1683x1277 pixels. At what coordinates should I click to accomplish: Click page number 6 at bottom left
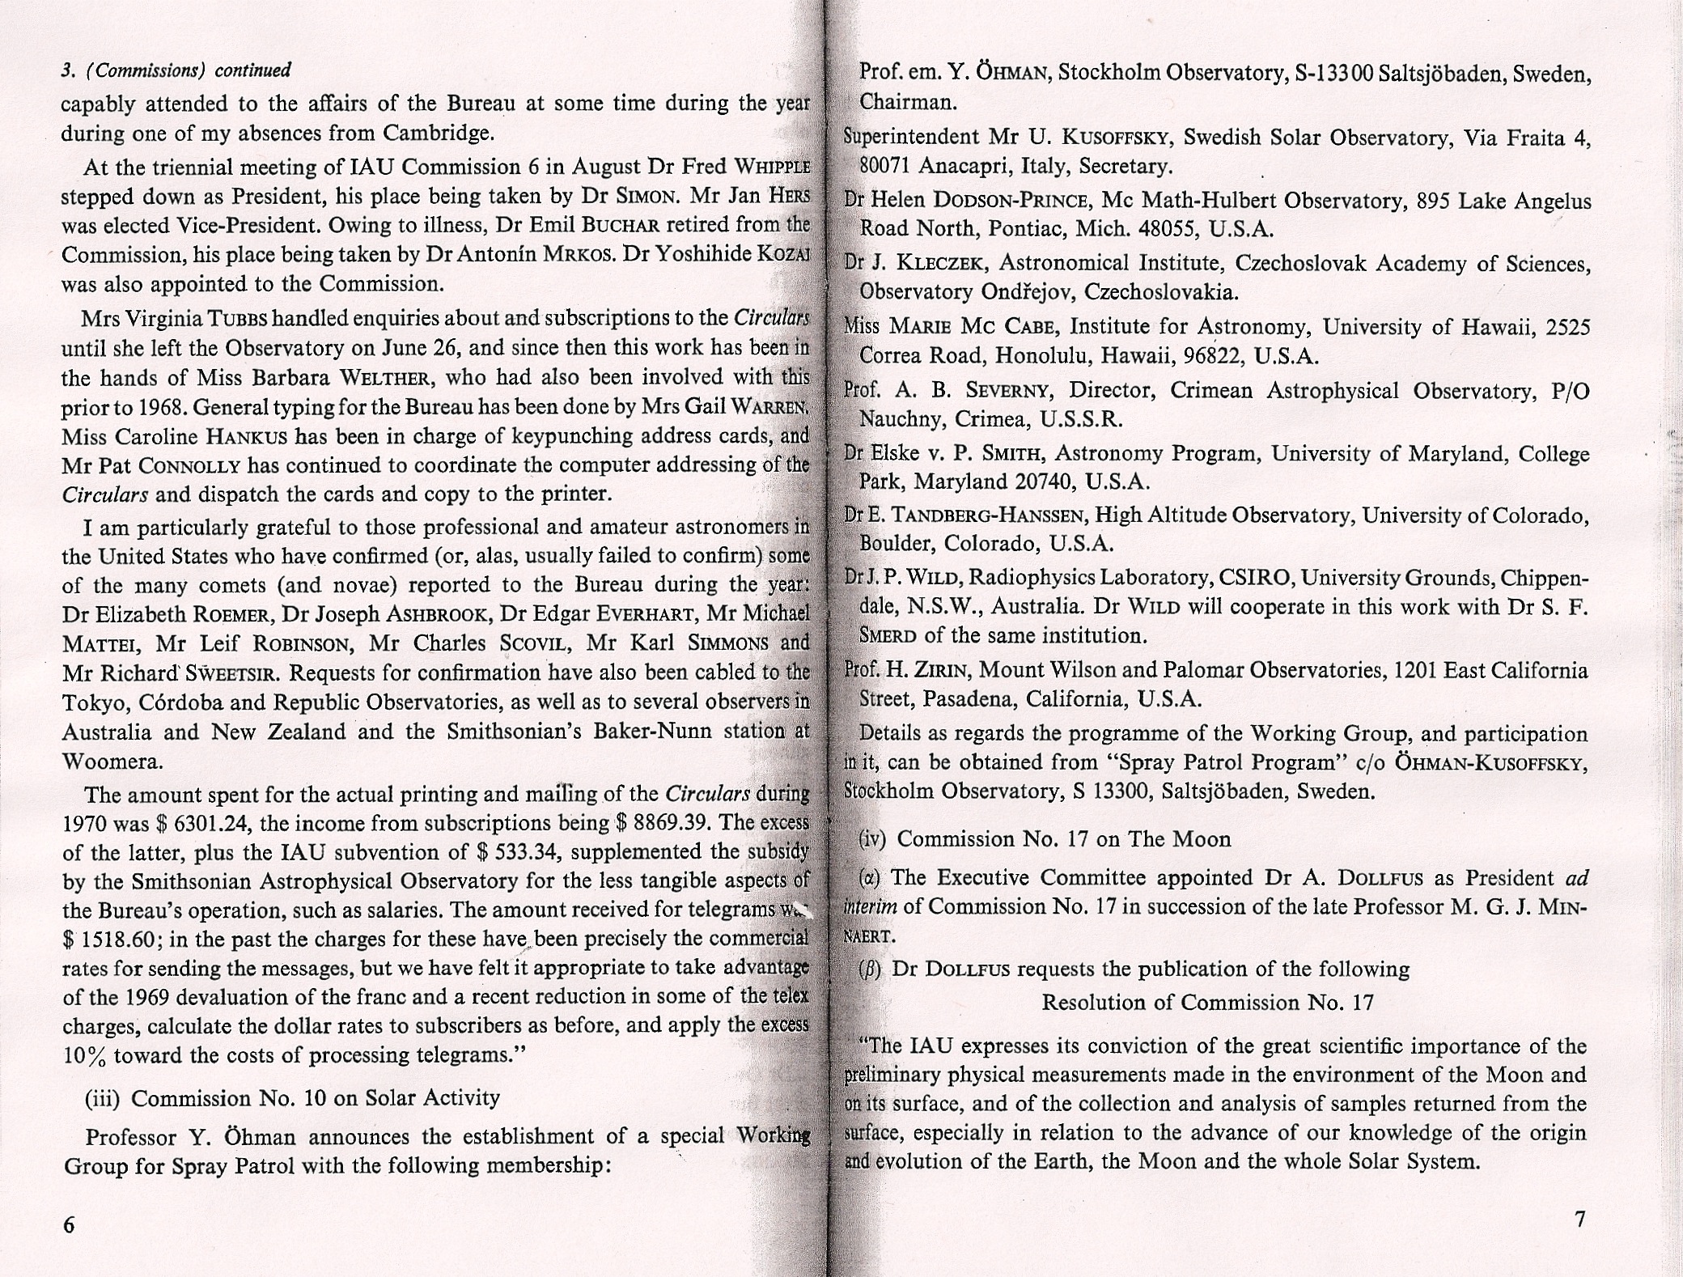click(69, 1225)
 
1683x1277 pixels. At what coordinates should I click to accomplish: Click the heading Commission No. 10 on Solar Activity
click(316, 1098)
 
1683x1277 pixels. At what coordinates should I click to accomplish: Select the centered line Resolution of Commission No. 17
click(1207, 1003)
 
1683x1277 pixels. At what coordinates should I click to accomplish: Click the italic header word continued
click(252, 70)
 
